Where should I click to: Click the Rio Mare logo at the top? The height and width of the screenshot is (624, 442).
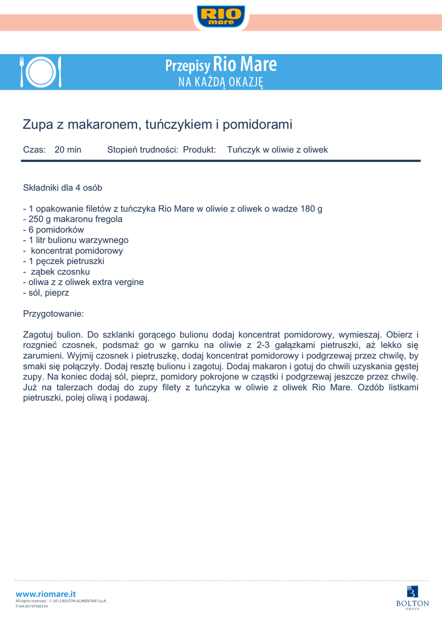(x=221, y=16)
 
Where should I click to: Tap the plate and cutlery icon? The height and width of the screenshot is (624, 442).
(x=41, y=73)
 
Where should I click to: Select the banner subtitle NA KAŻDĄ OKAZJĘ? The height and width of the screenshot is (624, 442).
(x=221, y=82)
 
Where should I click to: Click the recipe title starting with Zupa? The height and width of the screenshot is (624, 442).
(x=157, y=125)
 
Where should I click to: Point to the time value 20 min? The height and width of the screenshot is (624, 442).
(x=68, y=149)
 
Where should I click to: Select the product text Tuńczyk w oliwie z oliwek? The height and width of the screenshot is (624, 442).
(x=277, y=149)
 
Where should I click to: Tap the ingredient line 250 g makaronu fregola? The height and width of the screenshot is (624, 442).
(x=73, y=219)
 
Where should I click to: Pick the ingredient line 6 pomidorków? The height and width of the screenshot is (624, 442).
(x=54, y=230)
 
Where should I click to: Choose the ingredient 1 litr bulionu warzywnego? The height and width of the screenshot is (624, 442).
(x=76, y=240)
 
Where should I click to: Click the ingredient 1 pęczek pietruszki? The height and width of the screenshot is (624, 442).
(x=63, y=261)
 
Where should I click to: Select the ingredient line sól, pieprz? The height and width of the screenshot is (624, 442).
(x=46, y=292)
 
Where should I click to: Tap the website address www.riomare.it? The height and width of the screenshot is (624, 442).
(x=46, y=594)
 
